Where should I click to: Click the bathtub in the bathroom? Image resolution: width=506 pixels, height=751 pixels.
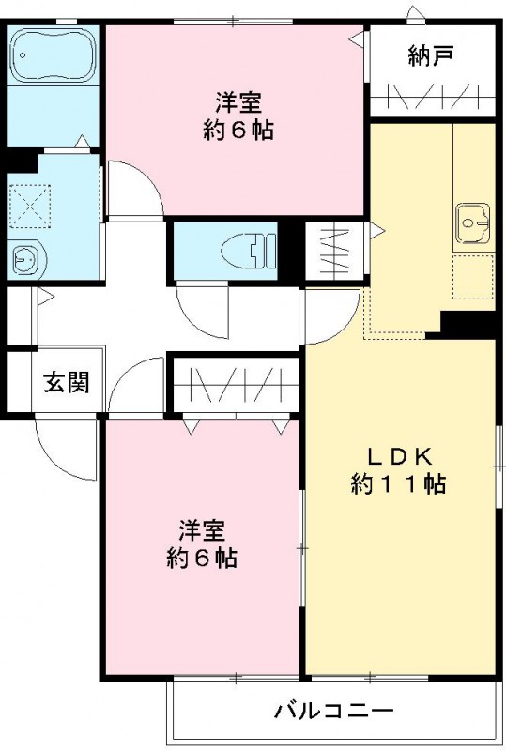coord(54,55)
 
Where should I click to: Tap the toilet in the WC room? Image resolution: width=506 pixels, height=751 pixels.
coord(249,250)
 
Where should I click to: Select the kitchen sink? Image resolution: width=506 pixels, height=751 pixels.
coord(472,222)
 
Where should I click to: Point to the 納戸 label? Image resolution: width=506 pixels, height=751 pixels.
coord(431,55)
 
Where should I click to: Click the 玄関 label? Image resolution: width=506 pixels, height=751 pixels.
coord(67,382)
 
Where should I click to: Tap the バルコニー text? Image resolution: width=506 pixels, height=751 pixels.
coord(333,711)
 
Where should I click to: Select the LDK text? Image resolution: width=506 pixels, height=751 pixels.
coord(400,456)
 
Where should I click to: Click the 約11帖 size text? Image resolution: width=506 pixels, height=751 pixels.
coord(398,483)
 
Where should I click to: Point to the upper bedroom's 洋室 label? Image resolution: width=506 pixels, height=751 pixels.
coord(238,102)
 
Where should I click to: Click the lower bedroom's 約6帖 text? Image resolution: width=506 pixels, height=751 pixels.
coord(202,558)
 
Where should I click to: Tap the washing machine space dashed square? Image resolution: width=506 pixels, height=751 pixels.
coord(30,206)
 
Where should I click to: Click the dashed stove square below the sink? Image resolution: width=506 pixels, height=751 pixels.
coord(472,277)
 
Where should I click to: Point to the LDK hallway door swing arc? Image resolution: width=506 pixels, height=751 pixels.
coord(344,328)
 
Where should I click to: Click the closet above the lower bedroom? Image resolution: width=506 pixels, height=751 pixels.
coord(236,386)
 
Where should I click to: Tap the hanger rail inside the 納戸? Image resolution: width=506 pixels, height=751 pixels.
coord(433,98)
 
